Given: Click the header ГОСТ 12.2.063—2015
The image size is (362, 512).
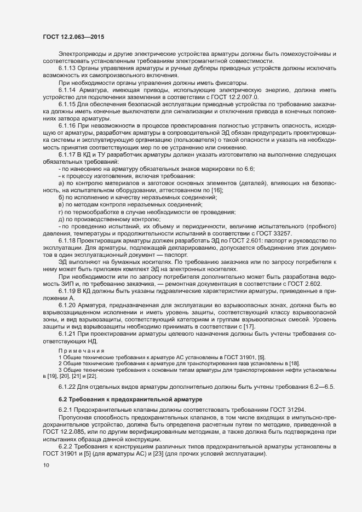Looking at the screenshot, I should [x=73, y=36].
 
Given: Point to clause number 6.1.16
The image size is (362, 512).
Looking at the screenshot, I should [x=67, y=125].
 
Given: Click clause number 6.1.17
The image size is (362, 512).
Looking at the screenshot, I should [x=67, y=155].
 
